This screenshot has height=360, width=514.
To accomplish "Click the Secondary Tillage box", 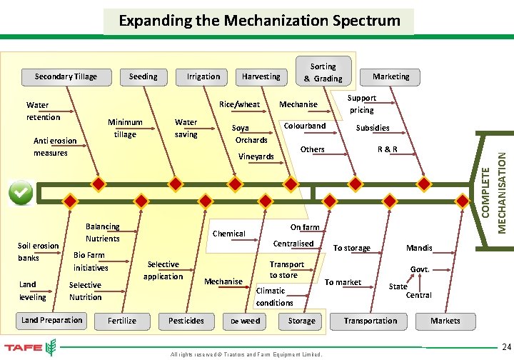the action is (66, 76).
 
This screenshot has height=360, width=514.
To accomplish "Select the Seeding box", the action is (143, 76).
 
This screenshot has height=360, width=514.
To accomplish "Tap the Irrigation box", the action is (203, 76).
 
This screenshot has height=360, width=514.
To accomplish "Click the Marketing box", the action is (391, 76).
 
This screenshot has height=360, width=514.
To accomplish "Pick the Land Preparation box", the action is (52, 320).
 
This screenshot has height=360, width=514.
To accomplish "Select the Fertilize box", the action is (122, 321).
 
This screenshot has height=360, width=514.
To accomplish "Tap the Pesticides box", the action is (186, 321).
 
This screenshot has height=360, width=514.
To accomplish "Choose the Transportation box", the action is (370, 321).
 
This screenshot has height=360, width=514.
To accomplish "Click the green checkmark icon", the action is (21, 193).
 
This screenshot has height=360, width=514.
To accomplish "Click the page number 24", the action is (504, 346).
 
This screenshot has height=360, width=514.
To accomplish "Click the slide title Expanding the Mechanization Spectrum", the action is (259, 20).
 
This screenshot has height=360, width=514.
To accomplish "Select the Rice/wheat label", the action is (239, 104).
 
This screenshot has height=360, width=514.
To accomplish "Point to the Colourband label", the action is (305, 126).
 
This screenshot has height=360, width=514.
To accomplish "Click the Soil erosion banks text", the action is (38, 251).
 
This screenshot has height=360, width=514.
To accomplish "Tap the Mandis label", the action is (419, 248).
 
